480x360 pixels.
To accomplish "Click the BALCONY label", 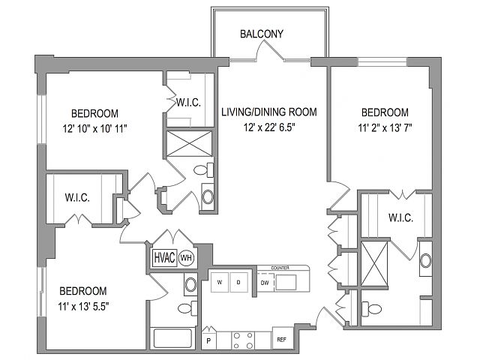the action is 262,34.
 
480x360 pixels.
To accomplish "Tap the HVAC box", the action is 165,258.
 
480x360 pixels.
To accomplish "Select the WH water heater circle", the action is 186,258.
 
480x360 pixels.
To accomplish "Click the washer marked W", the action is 220,282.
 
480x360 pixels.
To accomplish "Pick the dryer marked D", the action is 238,282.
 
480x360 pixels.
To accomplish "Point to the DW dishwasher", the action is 265,283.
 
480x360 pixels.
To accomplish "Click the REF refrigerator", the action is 282,339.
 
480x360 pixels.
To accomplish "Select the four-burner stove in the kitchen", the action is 243,340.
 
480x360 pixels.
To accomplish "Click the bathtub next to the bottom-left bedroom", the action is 172,338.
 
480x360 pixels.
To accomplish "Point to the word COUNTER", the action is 280,268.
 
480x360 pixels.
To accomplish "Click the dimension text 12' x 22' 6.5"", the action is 269,127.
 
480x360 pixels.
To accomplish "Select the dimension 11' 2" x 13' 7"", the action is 385,127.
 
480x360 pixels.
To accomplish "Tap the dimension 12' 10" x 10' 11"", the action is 95,128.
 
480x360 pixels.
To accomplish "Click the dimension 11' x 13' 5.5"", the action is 83,306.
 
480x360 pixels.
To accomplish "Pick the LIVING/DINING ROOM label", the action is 269,112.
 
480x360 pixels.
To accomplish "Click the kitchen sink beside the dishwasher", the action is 286,282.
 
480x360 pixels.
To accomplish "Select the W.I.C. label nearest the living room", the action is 188,102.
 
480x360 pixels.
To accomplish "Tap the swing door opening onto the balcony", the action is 269,49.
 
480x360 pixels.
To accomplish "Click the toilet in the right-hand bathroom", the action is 372,308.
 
